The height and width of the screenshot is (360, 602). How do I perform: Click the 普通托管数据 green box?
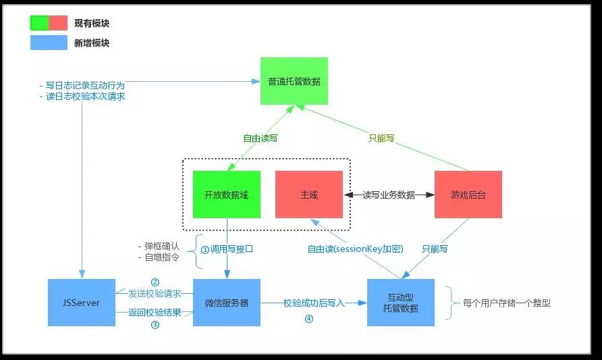click(x=294, y=81)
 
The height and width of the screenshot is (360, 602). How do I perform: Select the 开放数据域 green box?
click(x=226, y=195)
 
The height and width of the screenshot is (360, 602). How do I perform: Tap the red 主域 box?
click(x=309, y=195)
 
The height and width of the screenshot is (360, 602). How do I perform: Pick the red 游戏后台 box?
click(x=468, y=195)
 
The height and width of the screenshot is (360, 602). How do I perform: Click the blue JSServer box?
click(x=81, y=303)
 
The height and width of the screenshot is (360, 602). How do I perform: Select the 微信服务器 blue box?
click(x=226, y=303)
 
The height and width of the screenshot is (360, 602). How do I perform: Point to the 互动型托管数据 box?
click(x=401, y=303)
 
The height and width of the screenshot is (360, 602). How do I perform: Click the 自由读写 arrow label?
click(x=261, y=138)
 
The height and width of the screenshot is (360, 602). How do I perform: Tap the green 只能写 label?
click(x=381, y=138)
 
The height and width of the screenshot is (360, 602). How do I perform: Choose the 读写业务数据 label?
click(x=389, y=195)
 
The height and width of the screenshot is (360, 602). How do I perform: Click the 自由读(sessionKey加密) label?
click(x=355, y=249)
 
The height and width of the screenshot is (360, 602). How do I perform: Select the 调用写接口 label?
click(x=227, y=249)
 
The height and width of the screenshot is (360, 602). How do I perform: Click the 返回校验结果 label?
click(x=155, y=312)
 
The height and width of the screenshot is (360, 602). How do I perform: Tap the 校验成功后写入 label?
click(x=314, y=303)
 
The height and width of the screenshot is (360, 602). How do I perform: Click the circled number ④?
click(x=309, y=319)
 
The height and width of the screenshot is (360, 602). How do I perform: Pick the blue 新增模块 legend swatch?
click(x=49, y=43)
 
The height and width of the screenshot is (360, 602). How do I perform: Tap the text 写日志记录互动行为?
click(x=85, y=86)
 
